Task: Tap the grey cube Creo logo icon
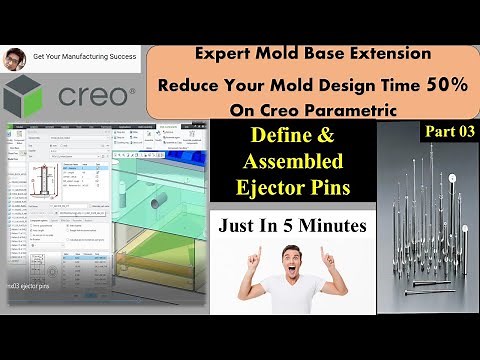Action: tap(25, 96)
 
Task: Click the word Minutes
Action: tap(336, 225)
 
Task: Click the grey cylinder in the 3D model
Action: tap(156, 204)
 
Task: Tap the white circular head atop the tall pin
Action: tap(452, 179)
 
